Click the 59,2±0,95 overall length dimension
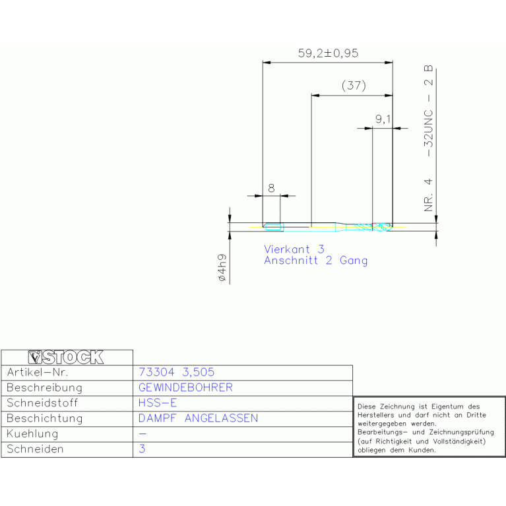[328, 53]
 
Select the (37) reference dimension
[354, 86]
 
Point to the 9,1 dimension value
[383, 119]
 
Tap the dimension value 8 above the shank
[271, 188]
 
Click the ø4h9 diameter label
[222, 268]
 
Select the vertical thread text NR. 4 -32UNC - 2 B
[428, 139]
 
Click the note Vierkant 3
[294, 249]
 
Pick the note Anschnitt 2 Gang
[315, 261]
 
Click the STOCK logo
[66, 357]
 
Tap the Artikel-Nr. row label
[38, 372]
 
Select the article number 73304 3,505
[176, 372]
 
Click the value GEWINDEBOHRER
[185, 387]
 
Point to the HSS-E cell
[158, 402]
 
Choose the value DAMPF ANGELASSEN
[198, 418]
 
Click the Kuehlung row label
[32, 433]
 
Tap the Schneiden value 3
[142, 449]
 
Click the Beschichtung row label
[45, 418]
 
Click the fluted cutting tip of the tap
[383, 227]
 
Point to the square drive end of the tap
[273, 227]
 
